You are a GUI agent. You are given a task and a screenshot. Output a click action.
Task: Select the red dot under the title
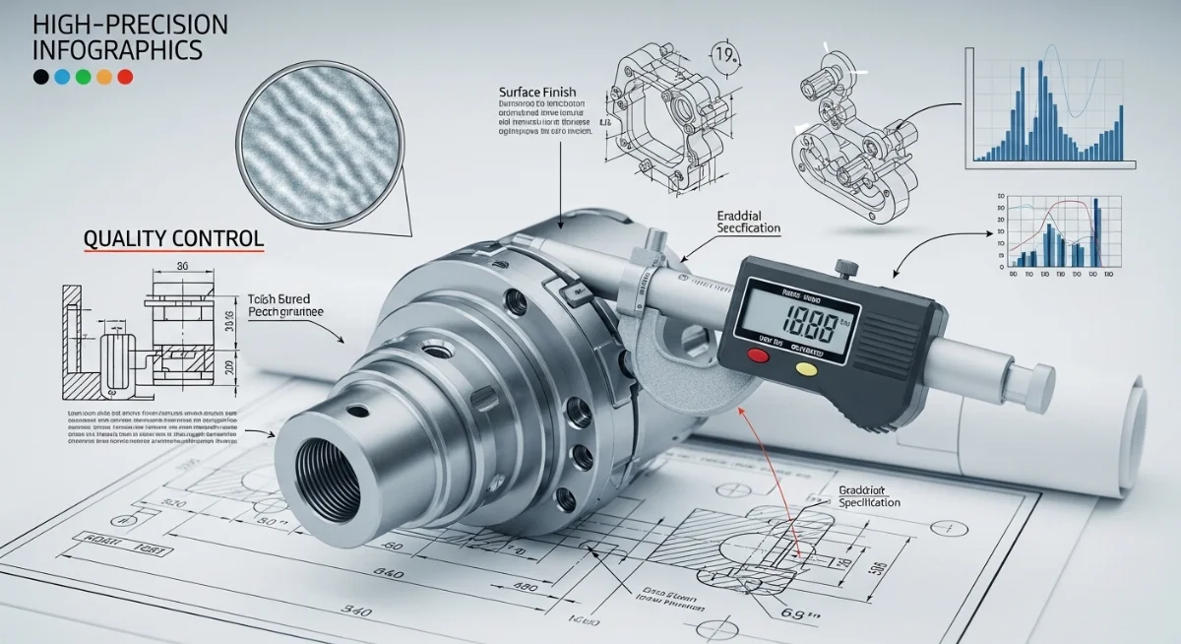[125, 77]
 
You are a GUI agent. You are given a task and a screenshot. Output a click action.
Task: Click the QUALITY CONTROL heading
[173, 238]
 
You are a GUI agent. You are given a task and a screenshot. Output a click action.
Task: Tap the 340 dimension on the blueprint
[355, 612]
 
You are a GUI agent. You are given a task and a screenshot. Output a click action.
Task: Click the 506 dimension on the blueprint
[879, 568]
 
